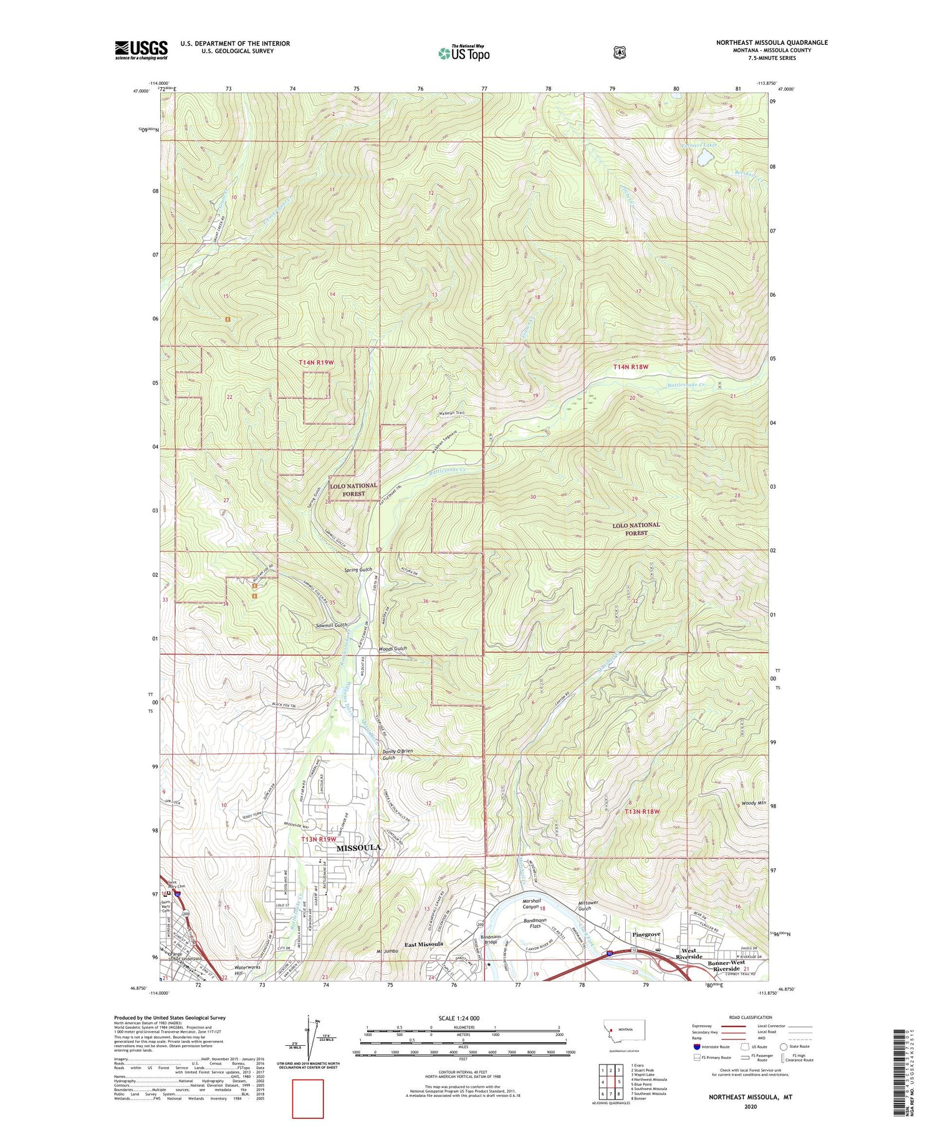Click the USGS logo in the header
coord(141,50)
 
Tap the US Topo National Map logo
coord(464,53)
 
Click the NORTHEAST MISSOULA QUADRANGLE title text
coord(772,42)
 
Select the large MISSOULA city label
coord(358,848)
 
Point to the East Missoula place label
coord(423,944)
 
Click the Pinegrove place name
coord(646,935)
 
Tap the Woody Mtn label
coord(754,803)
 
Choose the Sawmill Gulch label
coord(331,625)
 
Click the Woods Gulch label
coord(393,648)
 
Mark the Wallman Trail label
coord(451,413)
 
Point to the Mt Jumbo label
coord(388,952)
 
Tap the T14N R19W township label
coord(316,362)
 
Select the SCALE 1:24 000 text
coord(459,1018)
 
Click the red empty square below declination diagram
coord(308,1099)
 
